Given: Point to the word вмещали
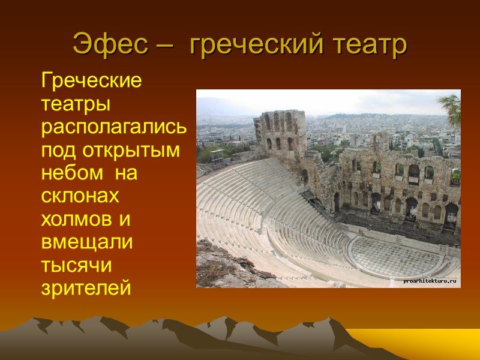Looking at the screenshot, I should pos(86,242).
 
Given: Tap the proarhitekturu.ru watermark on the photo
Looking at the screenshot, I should pos(430,280).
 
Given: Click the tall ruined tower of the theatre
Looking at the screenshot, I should pos(281,132).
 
